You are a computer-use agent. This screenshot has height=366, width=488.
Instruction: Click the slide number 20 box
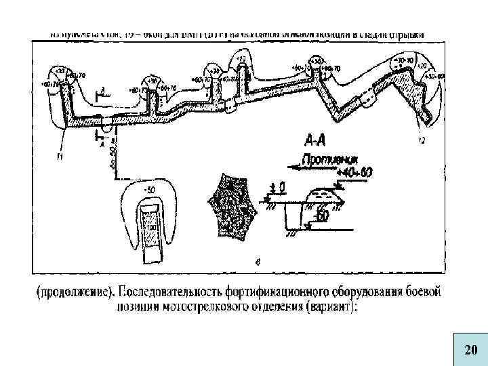(470, 350)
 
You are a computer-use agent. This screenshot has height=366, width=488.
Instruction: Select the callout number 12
(422, 140)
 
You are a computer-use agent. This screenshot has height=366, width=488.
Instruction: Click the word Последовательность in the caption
(174, 293)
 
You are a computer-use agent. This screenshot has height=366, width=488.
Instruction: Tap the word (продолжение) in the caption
(76, 293)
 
